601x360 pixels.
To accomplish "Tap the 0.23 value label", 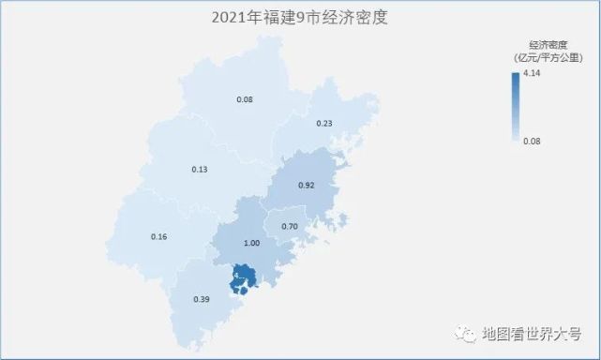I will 324,123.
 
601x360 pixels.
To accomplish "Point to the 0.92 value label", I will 305,185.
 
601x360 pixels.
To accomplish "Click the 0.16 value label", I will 158,236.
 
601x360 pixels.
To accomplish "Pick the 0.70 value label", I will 290,226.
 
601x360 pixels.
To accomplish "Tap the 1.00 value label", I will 251,243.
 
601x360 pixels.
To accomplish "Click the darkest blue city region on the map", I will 245,277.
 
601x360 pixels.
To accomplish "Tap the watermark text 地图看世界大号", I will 529,332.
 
